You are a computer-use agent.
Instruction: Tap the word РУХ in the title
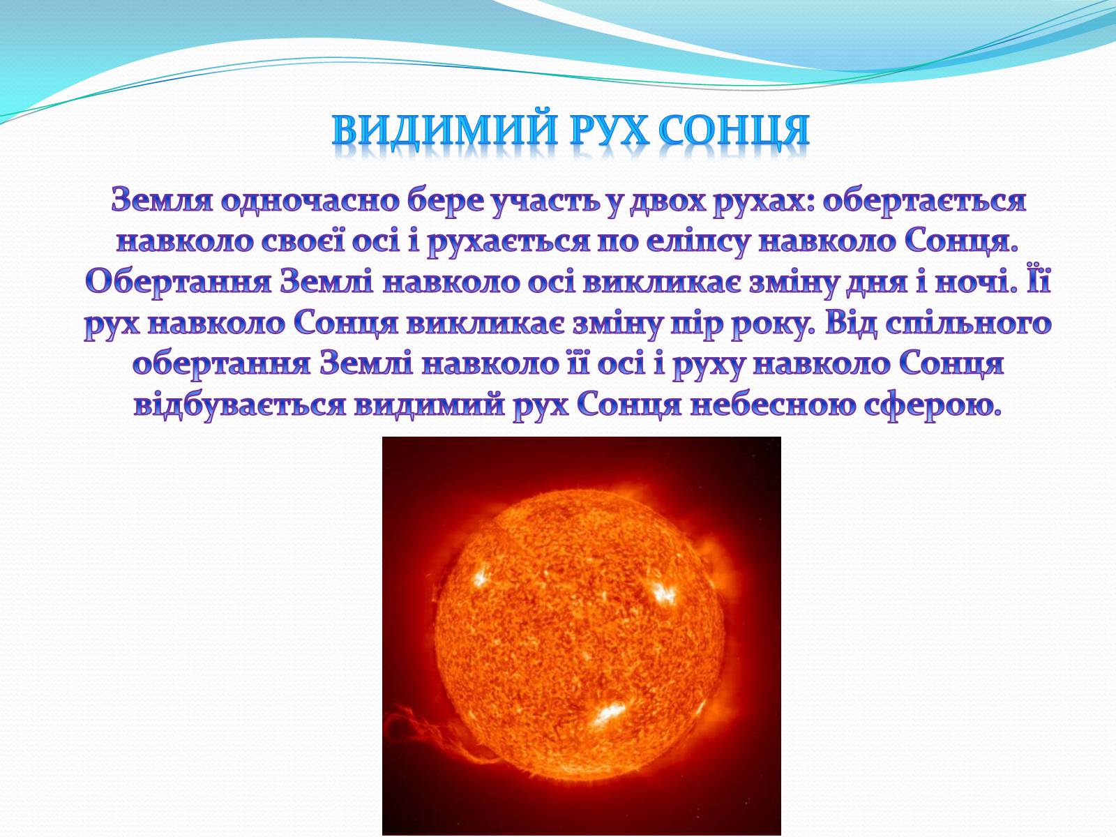coord(609,131)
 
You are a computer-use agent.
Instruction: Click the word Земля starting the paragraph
coord(162,200)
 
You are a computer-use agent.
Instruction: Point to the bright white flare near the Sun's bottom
coord(606,714)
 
